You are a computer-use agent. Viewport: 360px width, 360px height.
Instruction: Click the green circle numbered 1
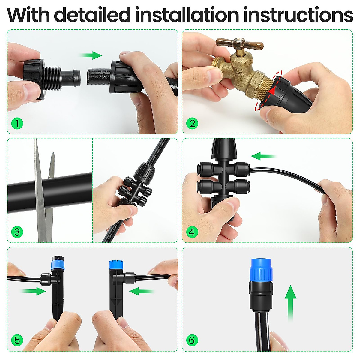17,123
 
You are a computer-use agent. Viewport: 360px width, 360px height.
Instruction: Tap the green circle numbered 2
192,123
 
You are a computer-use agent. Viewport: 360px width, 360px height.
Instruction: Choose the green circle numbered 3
17,232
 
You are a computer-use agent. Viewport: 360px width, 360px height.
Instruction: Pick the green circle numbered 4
192,232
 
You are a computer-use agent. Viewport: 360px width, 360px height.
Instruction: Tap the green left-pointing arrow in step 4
263,156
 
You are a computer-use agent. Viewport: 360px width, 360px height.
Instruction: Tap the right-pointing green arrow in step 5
33,291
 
